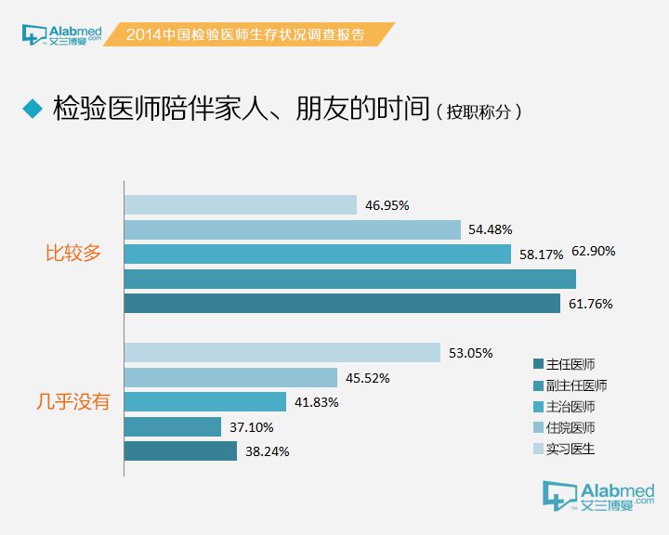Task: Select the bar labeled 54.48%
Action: point(292,229)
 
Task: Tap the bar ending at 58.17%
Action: point(317,254)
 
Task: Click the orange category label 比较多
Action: point(73,253)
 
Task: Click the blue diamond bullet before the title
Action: point(33,108)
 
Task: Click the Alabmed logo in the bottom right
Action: point(600,498)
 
